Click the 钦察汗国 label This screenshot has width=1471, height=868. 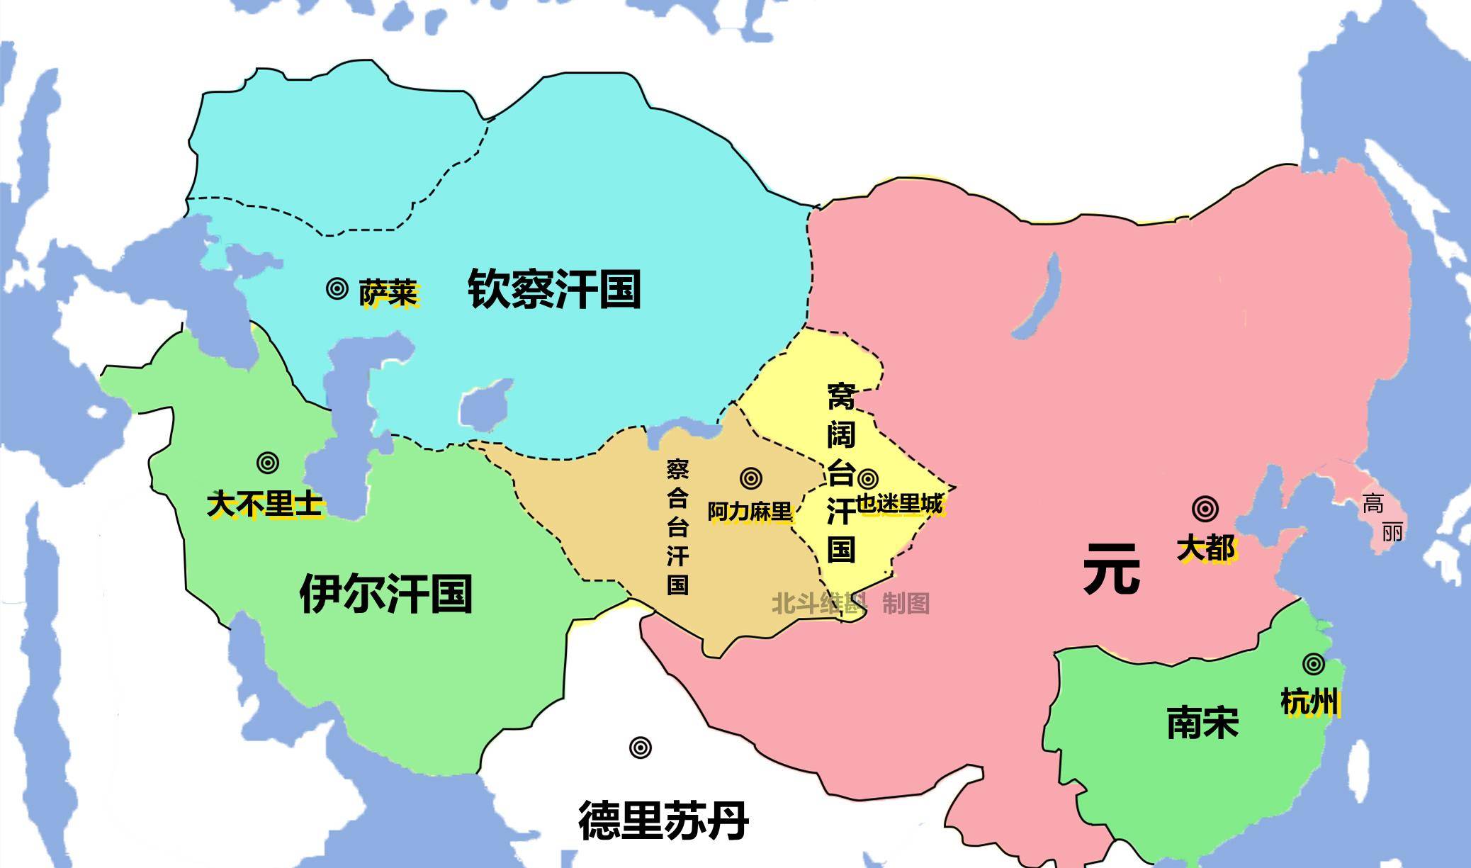[554, 289]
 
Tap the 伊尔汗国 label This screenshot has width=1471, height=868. [386, 594]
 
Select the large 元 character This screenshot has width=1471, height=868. [1111, 568]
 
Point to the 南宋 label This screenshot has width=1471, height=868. [1202, 723]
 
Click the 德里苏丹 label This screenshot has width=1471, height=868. [664, 820]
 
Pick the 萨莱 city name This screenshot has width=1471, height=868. [388, 293]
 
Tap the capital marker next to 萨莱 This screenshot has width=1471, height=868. [337, 288]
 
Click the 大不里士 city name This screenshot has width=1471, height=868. [265, 505]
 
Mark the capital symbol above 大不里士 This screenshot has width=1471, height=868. [267, 463]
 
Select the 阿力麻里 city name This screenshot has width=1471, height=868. [750, 511]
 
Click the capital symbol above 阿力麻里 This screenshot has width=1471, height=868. [750, 478]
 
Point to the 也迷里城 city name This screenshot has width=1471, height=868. [900, 504]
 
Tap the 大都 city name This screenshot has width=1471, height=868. [1205, 548]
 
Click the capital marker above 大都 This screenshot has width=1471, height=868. [1205, 509]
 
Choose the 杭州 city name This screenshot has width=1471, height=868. [1309, 702]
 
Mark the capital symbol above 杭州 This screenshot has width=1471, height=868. [1313, 664]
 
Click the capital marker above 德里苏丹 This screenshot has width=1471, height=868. [640, 748]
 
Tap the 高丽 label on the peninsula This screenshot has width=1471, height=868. [1382, 518]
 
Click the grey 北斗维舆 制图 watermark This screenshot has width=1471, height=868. [850, 604]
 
